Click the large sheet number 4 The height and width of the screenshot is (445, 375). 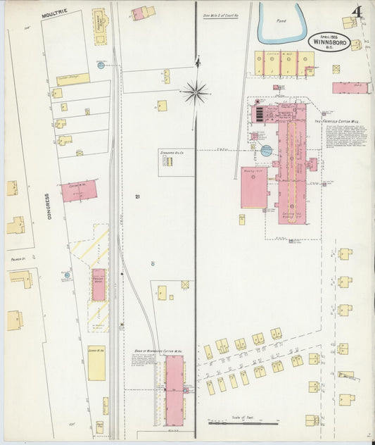point(359,13)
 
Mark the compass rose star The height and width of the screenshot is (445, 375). point(196,90)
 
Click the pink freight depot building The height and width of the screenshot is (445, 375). point(98,284)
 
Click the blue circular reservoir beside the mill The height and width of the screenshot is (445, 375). point(266,150)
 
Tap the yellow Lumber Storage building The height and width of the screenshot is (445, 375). point(73,79)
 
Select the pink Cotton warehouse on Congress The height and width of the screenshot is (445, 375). point(79,190)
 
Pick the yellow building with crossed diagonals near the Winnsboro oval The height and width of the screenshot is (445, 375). point(336,70)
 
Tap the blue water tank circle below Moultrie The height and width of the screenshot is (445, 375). point(101,65)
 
